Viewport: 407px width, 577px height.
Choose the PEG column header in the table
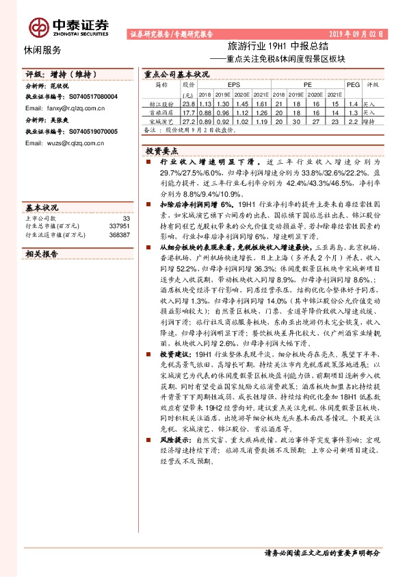tap(353, 85)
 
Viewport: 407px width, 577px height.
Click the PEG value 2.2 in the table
tap(353, 121)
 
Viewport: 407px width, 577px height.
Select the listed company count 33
tap(125, 217)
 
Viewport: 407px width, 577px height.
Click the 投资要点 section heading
tap(161, 149)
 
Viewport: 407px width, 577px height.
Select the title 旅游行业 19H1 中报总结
tap(269, 46)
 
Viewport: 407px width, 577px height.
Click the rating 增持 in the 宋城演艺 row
tap(369, 121)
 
